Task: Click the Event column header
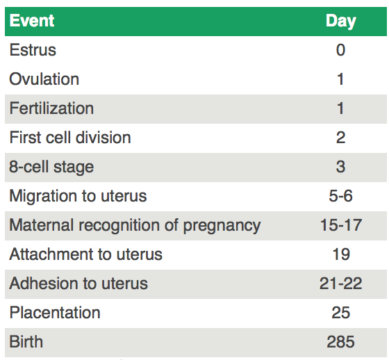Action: click(x=32, y=21)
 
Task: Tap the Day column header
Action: click(x=341, y=22)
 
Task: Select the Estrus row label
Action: click(x=33, y=50)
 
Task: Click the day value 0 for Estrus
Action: click(x=340, y=50)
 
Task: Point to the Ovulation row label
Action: click(x=44, y=79)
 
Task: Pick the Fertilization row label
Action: click(x=51, y=108)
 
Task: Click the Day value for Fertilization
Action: click(x=340, y=108)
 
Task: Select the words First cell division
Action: click(x=70, y=138)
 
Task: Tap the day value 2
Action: click(x=340, y=138)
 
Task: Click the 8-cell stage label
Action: click(x=51, y=167)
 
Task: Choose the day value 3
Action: click(x=340, y=167)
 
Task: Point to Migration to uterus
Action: click(x=78, y=197)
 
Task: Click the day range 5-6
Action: click(x=340, y=196)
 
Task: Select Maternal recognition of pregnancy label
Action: click(x=135, y=226)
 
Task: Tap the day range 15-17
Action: click(x=341, y=225)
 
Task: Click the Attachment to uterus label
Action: click(x=86, y=254)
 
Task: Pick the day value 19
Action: click(x=341, y=254)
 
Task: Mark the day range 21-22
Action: click(x=340, y=284)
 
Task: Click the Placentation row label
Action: click(x=55, y=313)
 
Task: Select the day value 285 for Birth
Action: click(x=340, y=342)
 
